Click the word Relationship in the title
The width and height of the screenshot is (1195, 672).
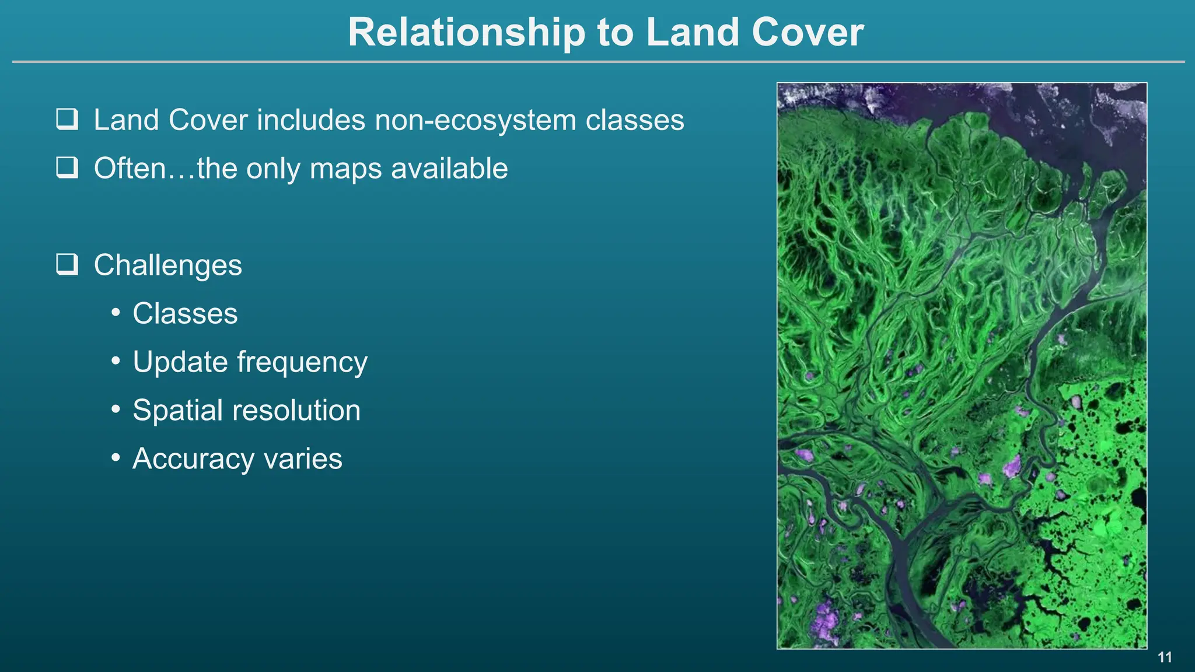pyautogui.click(x=466, y=32)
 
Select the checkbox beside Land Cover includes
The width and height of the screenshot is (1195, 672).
pyautogui.click(x=67, y=119)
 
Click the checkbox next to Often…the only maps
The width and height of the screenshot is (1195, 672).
pyautogui.click(x=67, y=167)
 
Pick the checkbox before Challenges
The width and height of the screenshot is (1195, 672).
pyautogui.click(x=67, y=264)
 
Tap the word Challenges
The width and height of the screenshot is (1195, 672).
pyautogui.click(x=167, y=265)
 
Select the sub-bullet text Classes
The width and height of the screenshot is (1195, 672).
pyautogui.click(x=185, y=313)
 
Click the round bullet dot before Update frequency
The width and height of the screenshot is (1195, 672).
pyautogui.click(x=116, y=361)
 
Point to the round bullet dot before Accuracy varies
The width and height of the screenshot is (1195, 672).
pyautogui.click(x=116, y=458)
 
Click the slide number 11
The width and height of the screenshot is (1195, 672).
pyautogui.click(x=1165, y=657)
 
